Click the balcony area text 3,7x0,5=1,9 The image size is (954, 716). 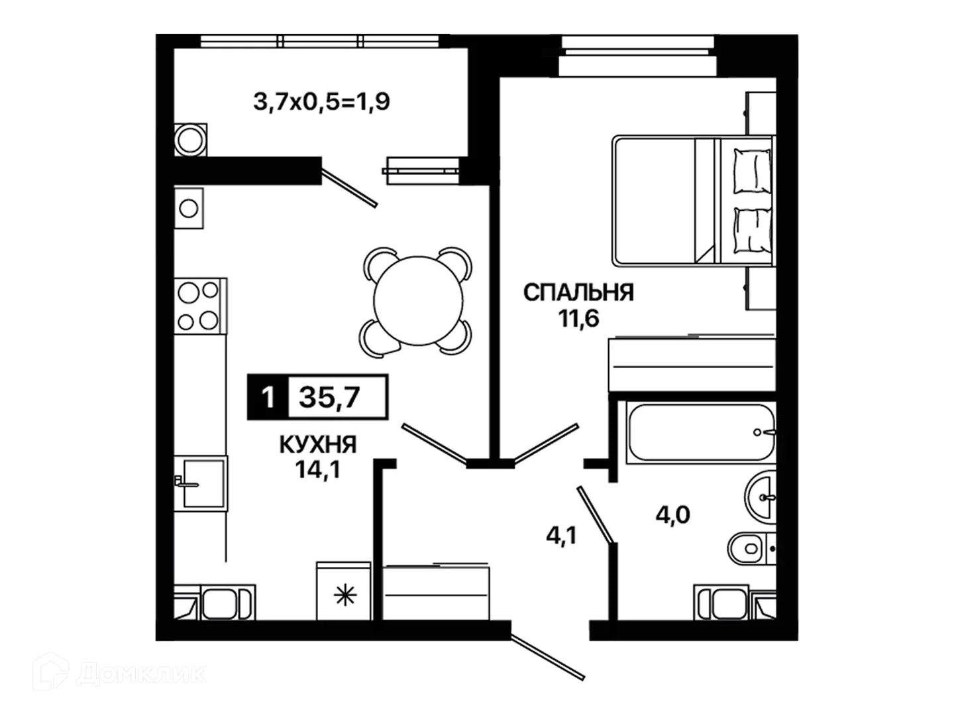click(x=321, y=103)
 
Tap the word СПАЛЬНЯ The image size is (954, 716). click(x=578, y=292)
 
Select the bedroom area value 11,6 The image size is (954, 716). click(x=579, y=319)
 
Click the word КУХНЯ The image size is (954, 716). click(x=318, y=445)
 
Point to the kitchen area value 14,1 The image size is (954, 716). click(x=318, y=469)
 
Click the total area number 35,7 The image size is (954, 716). click(x=329, y=397)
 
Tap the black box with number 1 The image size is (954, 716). click(x=267, y=397)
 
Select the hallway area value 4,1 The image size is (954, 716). click(x=561, y=536)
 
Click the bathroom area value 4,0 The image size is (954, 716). click(x=673, y=516)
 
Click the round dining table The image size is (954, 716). click(x=418, y=301)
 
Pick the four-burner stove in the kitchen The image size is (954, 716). click(x=200, y=306)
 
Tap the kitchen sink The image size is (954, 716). click(x=201, y=483)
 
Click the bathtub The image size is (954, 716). click(x=701, y=432)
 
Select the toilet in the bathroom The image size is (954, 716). click(x=752, y=548)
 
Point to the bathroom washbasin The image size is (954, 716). click(x=761, y=497)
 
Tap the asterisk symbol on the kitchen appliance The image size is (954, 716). click(x=345, y=596)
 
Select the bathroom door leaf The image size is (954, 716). click(x=595, y=514)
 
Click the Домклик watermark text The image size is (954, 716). click(x=141, y=674)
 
